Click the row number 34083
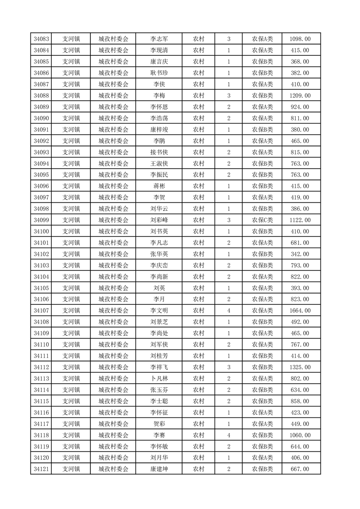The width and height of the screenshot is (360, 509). click(x=41, y=39)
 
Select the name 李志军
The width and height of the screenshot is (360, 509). click(x=159, y=39)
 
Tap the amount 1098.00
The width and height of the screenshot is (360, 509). click(x=300, y=39)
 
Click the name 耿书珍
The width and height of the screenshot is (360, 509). click(x=159, y=73)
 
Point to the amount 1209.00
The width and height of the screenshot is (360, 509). click(x=300, y=96)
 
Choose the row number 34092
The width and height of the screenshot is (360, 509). click(x=41, y=141)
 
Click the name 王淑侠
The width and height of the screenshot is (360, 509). click(x=159, y=163)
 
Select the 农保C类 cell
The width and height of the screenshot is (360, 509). click(x=262, y=220)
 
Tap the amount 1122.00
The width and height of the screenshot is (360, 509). click(x=300, y=220)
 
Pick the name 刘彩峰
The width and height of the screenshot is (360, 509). click(x=159, y=220)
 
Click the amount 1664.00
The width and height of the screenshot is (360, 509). click(x=300, y=311)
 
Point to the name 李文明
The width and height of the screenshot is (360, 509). click(x=159, y=311)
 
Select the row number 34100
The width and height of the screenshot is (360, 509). click(x=41, y=231)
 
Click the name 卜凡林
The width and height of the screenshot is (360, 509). click(x=159, y=378)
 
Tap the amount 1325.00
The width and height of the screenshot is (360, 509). click(x=300, y=367)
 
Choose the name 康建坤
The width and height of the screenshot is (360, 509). click(x=159, y=469)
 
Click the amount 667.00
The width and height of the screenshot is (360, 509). click(x=300, y=469)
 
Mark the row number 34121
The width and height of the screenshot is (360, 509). click(x=41, y=469)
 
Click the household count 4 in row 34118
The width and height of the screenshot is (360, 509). click(x=228, y=435)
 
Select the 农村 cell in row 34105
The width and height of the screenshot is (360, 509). click(x=198, y=288)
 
